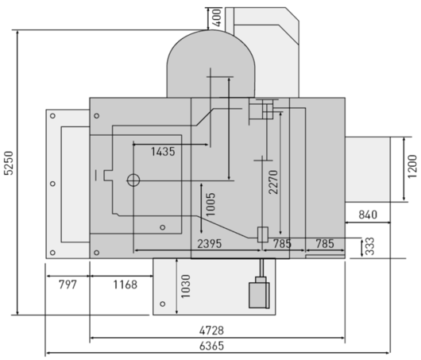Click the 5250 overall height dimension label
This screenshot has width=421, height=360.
(9, 163)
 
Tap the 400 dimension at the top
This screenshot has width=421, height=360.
(217, 17)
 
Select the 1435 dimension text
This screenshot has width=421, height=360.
(163, 152)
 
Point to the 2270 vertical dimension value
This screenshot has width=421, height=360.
(273, 182)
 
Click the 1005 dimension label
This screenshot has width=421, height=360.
(210, 204)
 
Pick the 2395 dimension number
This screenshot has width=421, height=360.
(210, 244)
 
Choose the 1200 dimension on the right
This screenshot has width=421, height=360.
(412, 166)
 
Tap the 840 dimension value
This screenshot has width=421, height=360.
(368, 215)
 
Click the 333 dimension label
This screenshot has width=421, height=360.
(370, 246)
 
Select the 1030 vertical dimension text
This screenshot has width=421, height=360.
(186, 286)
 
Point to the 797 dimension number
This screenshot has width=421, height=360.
(68, 285)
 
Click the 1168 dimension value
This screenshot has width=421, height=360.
(126, 285)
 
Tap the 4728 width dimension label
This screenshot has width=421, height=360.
(211, 331)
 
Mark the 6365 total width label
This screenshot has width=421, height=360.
(211, 346)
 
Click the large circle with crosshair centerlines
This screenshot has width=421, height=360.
(133, 180)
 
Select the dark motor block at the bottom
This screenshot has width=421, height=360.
(259, 295)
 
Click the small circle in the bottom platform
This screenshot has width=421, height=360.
(162, 304)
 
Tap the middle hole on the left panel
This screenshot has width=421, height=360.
(53, 184)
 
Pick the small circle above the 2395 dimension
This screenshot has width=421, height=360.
(162, 227)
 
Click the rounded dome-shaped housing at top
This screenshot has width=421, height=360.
(210, 64)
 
